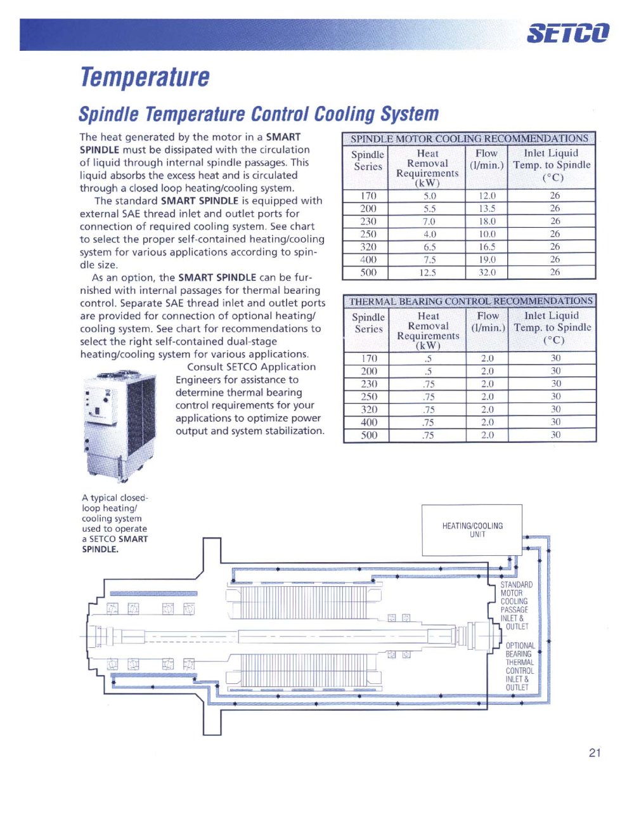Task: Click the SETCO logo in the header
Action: [568, 32]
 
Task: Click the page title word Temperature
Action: [145, 77]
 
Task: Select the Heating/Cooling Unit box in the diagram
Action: [472, 530]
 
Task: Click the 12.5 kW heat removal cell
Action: [427, 273]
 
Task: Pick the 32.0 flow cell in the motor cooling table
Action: [487, 272]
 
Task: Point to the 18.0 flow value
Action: [487, 221]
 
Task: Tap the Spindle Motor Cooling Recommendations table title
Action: [469, 138]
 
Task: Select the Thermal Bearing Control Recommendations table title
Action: [470, 301]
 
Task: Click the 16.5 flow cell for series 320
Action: [487, 247]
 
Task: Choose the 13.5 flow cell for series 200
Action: [487, 209]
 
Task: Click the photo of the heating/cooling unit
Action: [120, 427]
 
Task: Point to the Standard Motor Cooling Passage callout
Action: [516, 605]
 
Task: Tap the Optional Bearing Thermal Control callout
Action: [520, 666]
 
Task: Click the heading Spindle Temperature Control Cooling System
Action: [259, 114]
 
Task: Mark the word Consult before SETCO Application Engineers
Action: [205, 367]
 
